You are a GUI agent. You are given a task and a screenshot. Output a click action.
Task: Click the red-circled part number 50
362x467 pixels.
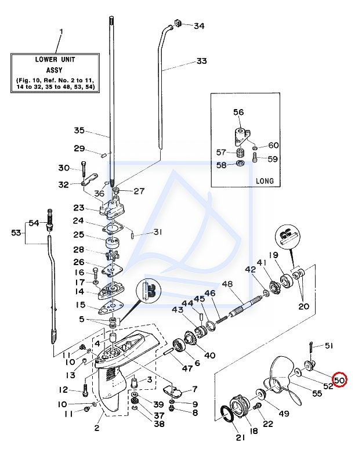[339, 379]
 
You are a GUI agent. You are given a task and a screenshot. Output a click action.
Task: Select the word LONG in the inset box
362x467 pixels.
[265, 181]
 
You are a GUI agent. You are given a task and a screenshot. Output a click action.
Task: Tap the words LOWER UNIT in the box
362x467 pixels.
[55, 59]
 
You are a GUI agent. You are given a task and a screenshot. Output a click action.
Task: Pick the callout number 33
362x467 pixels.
[202, 61]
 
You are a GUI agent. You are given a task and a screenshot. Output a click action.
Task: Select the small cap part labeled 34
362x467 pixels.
[178, 23]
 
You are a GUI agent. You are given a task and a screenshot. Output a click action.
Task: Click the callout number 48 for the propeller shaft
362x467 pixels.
[227, 284]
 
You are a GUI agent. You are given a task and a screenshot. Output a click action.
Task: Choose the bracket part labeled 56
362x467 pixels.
[241, 137]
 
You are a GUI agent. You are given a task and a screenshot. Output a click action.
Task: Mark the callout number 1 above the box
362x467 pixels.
[61, 31]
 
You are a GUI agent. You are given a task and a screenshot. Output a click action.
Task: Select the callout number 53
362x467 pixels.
[16, 232]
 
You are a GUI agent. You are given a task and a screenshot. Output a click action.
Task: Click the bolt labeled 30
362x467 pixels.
[84, 169]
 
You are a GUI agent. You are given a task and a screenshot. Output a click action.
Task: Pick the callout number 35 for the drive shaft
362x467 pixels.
[79, 131]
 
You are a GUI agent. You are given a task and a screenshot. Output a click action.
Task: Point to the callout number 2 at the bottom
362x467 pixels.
[97, 428]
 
